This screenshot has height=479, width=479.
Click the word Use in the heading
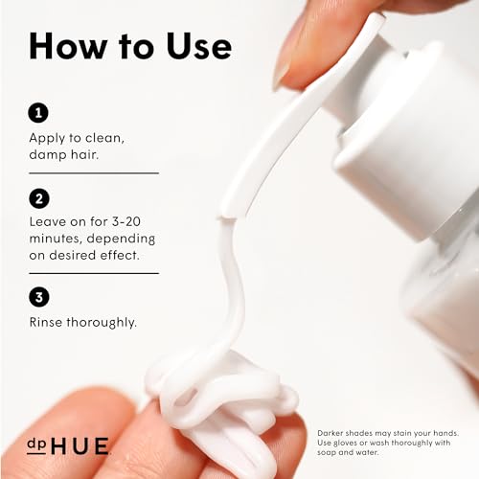pyautogui.click(x=199, y=46)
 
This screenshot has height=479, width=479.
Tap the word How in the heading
pyautogui.click(x=68, y=46)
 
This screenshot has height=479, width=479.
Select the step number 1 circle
pyautogui.click(x=38, y=113)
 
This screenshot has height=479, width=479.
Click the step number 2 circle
pyautogui.click(x=39, y=198)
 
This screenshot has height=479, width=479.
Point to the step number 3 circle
pyautogui.click(x=39, y=297)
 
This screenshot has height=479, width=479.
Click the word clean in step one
pyautogui.click(x=104, y=138)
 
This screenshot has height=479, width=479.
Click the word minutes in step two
pyautogui.click(x=56, y=239)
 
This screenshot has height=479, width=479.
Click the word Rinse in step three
pyautogui.click(x=46, y=322)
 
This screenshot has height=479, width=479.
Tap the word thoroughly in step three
pyautogui.click(x=102, y=323)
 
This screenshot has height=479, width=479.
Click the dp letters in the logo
pyautogui.click(x=36, y=445)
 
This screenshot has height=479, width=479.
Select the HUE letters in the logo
pyautogui.click(x=80, y=446)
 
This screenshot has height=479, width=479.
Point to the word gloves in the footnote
pyautogui.click(x=346, y=444)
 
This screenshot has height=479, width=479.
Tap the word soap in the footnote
pyautogui.click(x=326, y=453)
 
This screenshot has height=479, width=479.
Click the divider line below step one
pyautogui.click(x=94, y=173)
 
